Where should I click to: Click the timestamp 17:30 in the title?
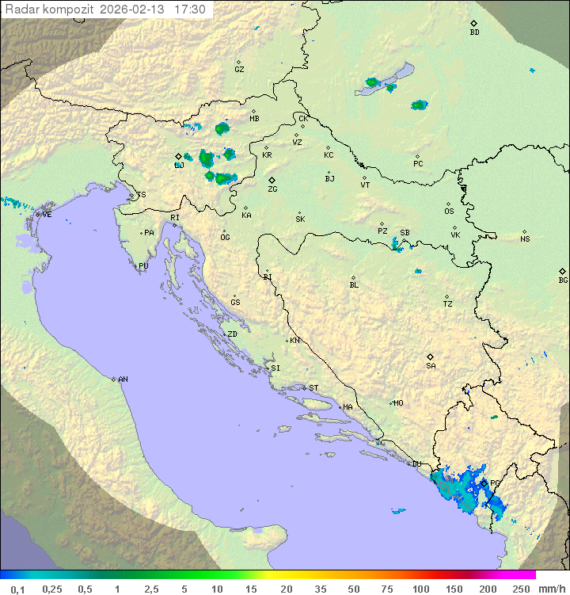pyautogui.click(x=191, y=10)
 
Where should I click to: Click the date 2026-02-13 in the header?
pyautogui.click(x=135, y=10)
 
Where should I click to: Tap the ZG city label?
pyautogui.click(x=272, y=189)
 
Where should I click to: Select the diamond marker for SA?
pyautogui.click(x=431, y=357)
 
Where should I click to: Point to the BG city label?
pyautogui.click(x=563, y=280)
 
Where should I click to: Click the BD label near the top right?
pyautogui.click(x=474, y=32)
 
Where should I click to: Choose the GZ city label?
pyautogui.click(x=239, y=69)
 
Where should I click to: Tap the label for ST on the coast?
pyautogui.click(x=313, y=387)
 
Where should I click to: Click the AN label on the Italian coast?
pyautogui.click(x=123, y=380)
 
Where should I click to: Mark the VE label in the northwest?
pyautogui.click(x=47, y=214)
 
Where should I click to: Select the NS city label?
pyautogui.click(x=525, y=239)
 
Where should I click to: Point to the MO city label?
pyautogui.click(x=398, y=402)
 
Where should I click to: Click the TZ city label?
pyautogui.click(x=448, y=304)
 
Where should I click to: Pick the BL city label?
pyautogui.click(x=354, y=284)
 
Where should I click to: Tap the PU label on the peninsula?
pyautogui.click(x=143, y=266)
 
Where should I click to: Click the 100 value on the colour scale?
pyautogui.click(x=420, y=589)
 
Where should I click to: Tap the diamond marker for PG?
pyautogui.click(x=484, y=481)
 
